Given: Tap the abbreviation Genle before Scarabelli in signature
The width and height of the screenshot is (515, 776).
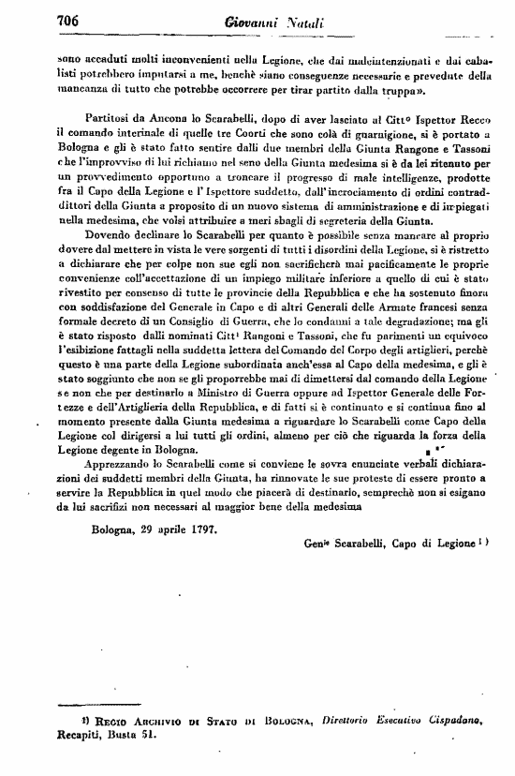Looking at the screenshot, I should [x=320, y=543].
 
